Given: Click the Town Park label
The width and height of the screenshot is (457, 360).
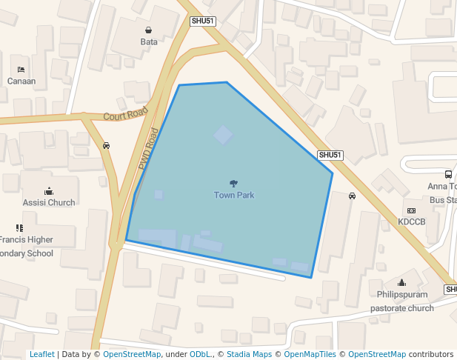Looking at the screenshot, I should [234, 195].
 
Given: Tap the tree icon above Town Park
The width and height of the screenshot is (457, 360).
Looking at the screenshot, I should [234, 183].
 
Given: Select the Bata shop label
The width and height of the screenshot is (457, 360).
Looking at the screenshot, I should [149, 41].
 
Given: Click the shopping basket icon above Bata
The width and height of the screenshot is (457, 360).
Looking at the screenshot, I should [149, 30].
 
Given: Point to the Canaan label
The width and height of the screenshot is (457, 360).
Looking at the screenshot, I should [21, 81].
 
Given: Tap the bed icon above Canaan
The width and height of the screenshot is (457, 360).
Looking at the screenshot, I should [21, 69].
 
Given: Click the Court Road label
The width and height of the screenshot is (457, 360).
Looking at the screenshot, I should [126, 116].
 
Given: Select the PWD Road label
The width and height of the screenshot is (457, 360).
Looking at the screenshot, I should [149, 150].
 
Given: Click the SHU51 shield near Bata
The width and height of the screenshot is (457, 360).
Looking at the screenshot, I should [203, 21].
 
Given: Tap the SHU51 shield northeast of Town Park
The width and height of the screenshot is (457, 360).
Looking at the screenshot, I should [330, 155].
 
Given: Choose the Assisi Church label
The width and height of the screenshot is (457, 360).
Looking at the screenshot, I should [49, 202].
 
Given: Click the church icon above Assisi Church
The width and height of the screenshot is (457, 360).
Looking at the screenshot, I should [49, 191].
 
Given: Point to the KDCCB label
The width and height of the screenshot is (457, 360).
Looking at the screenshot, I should [412, 221].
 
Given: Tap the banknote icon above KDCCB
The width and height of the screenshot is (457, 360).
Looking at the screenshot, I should [412, 210].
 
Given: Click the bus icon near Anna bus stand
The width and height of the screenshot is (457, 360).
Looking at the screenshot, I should [449, 174].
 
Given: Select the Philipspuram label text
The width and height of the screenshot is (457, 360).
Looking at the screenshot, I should [402, 294].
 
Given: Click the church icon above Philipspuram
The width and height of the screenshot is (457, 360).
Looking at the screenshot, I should [402, 282].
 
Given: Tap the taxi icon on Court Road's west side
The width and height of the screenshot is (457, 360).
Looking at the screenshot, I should [107, 145].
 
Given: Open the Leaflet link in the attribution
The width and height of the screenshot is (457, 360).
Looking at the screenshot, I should [42, 354].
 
